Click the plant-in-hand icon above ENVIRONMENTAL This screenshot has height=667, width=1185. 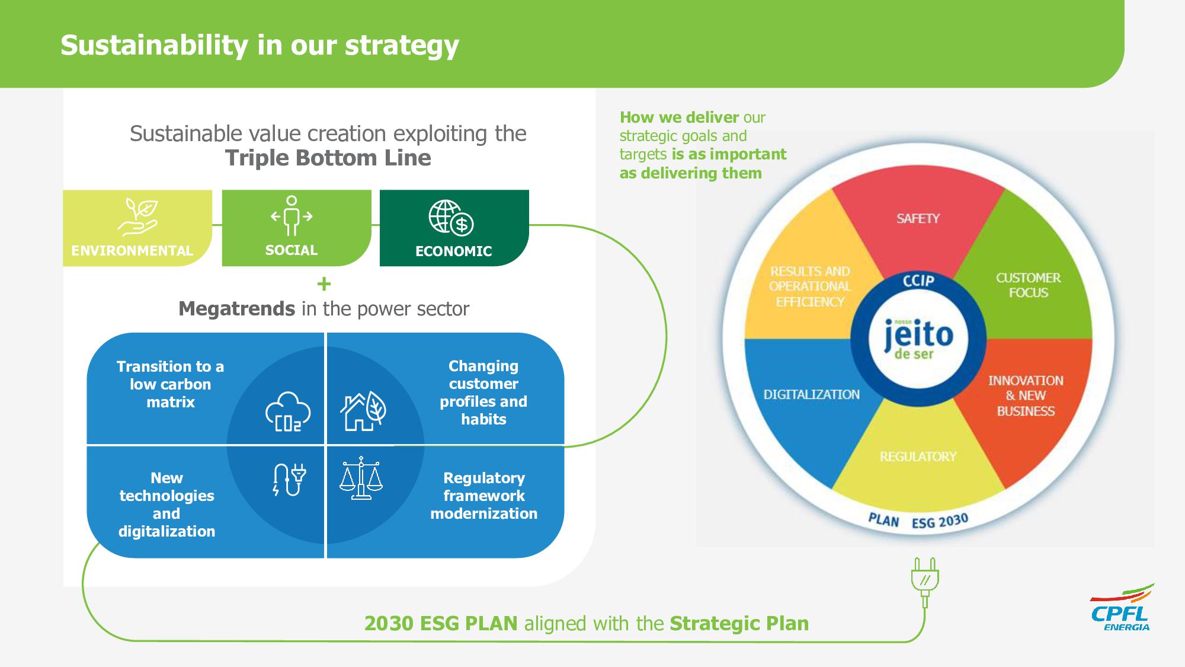(x=137, y=217)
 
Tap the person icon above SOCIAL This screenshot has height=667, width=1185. (x=291, y=216)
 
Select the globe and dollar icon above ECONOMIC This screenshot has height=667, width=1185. (x=451, y=218)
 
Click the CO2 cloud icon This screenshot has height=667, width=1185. (x=288, y=411)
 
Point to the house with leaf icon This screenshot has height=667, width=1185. (x=363, y=410)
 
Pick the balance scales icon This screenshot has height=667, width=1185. (x=361, y=478)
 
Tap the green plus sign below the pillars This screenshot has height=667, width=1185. (x=324, y=284)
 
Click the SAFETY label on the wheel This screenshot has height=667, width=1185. (x=918, y=219)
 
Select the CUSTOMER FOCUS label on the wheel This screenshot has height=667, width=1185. (x=1028, y=285)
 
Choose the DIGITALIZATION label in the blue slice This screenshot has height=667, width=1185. (x=811, y=394)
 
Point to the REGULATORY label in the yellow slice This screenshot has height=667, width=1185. (x=918, y=457)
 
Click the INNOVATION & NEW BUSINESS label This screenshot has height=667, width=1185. (x=1026, y=395)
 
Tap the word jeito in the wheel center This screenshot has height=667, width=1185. (x=918, y=334)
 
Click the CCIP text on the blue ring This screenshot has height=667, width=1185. (x=918, y=280)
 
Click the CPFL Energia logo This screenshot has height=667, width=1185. (x=1122, y=608)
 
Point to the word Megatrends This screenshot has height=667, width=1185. (x=236, y=309)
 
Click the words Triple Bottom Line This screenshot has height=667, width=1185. (x=328, y=158)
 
